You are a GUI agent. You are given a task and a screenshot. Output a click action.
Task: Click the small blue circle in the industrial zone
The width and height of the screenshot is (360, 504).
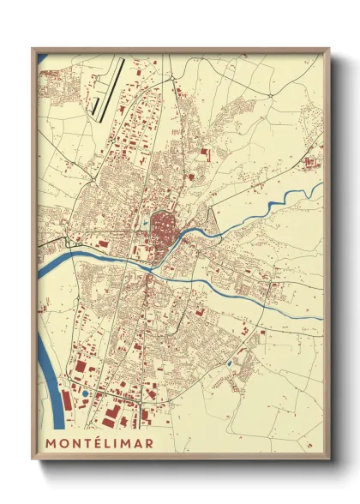coord(85,393)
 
